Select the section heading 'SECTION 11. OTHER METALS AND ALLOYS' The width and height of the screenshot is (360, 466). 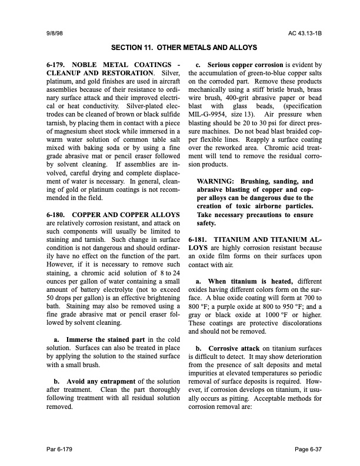tap(179, 46)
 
